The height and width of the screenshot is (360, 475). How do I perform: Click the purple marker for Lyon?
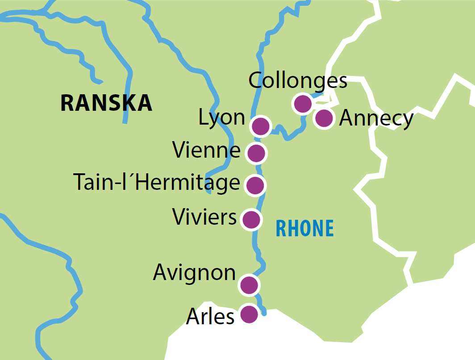tap(261, 126)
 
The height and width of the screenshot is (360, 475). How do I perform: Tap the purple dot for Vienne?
tap(256, 153)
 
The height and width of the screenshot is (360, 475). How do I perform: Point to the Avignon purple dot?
tap(249, 285)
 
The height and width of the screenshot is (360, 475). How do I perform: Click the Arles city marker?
tap(249, 314)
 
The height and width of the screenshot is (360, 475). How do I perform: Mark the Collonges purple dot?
tap(302, 104)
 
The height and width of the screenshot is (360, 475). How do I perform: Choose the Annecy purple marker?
tap(324, 118)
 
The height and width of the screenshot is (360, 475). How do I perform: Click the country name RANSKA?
tap(106, 103)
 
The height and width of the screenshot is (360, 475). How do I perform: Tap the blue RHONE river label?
tap(304, 229)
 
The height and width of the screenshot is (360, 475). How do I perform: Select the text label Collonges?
tap(297, 81)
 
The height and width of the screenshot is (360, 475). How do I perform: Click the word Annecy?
tap(376, 119)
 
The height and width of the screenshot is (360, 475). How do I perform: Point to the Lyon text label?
tap(222, 118)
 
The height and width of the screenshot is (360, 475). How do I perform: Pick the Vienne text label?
tap(207, 151)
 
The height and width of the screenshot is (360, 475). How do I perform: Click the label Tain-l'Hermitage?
tap(156, 183)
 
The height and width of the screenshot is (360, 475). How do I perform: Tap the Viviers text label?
tap(204, 218)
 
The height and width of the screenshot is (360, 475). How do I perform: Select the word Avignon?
tap(194, 272)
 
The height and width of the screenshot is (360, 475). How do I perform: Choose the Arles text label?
tap(210, 317)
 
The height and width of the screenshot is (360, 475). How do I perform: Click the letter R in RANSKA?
tap(67, 103)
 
